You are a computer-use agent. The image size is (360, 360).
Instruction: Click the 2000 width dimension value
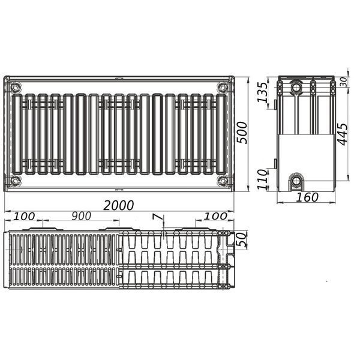pyautogui.click(x=118, y=205)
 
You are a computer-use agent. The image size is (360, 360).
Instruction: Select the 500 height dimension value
pyautogui.click(x=242, y=133)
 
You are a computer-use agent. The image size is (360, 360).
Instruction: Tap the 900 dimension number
pyautogui.click(x=81, y=216)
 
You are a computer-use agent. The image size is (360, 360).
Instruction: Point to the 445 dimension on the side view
pyautogui.click(x=343, y=134)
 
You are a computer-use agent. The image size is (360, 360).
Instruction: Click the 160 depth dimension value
pyautogui.click(x=307, y=197)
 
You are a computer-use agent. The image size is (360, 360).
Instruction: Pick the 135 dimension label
pyautogui.click(x=262, y=92)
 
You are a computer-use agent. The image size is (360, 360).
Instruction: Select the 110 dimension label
pyautogui.click(x=262, y=179)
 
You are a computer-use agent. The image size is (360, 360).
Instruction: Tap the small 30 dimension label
pyautogui.click(x=343, y=82)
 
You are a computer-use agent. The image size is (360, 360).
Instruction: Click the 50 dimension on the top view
pyautogui.click(x=242, y=239)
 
